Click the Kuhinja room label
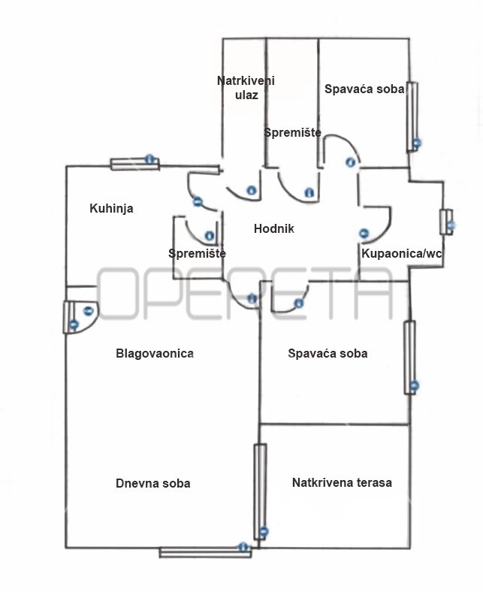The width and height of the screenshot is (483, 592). point(111,208)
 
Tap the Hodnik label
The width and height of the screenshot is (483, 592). point(273,228)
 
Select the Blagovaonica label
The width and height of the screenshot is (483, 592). point(155,353)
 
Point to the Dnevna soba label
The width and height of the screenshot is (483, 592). point(153,483)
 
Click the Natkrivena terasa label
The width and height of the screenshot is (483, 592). point(342,482)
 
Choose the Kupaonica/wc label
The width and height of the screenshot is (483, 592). point(401,253)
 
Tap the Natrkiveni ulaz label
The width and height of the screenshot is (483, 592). point(246,88)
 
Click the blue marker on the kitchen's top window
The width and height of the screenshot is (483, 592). point(150,159)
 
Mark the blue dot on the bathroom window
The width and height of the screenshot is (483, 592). point(451,225)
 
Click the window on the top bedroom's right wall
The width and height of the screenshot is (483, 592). point(412,117)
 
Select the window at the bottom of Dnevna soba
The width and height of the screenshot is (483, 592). point(205,552)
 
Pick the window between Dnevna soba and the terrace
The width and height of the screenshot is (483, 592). point(260,492)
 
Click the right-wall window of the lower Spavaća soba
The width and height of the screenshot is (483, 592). point(409,358)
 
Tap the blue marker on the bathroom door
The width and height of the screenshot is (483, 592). point(364,234)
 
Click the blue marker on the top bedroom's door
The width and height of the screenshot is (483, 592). point(351,162)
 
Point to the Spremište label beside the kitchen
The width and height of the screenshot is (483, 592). point(197,253)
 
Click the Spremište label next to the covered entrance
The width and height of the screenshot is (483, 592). point(292,132)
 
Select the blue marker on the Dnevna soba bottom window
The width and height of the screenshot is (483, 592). point(243,547)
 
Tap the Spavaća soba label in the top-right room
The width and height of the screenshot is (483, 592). point(364,89)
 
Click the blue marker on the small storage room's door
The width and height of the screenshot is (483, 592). point(210,236)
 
